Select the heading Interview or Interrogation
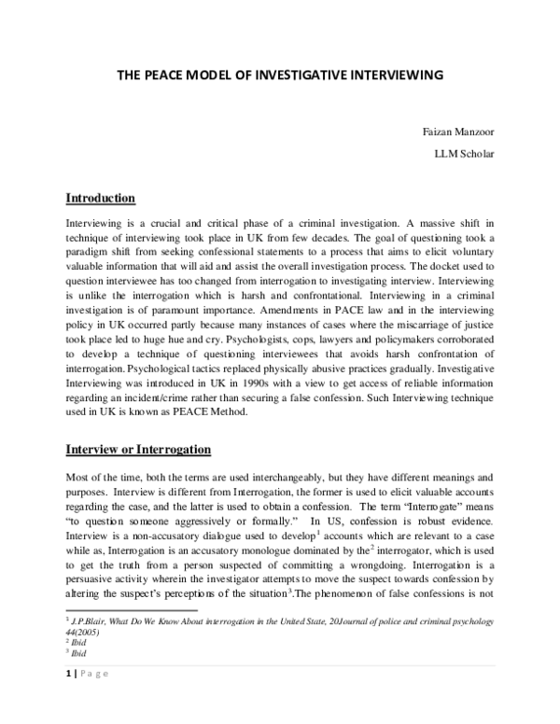[138, 450]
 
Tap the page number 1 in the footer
[66, 699]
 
